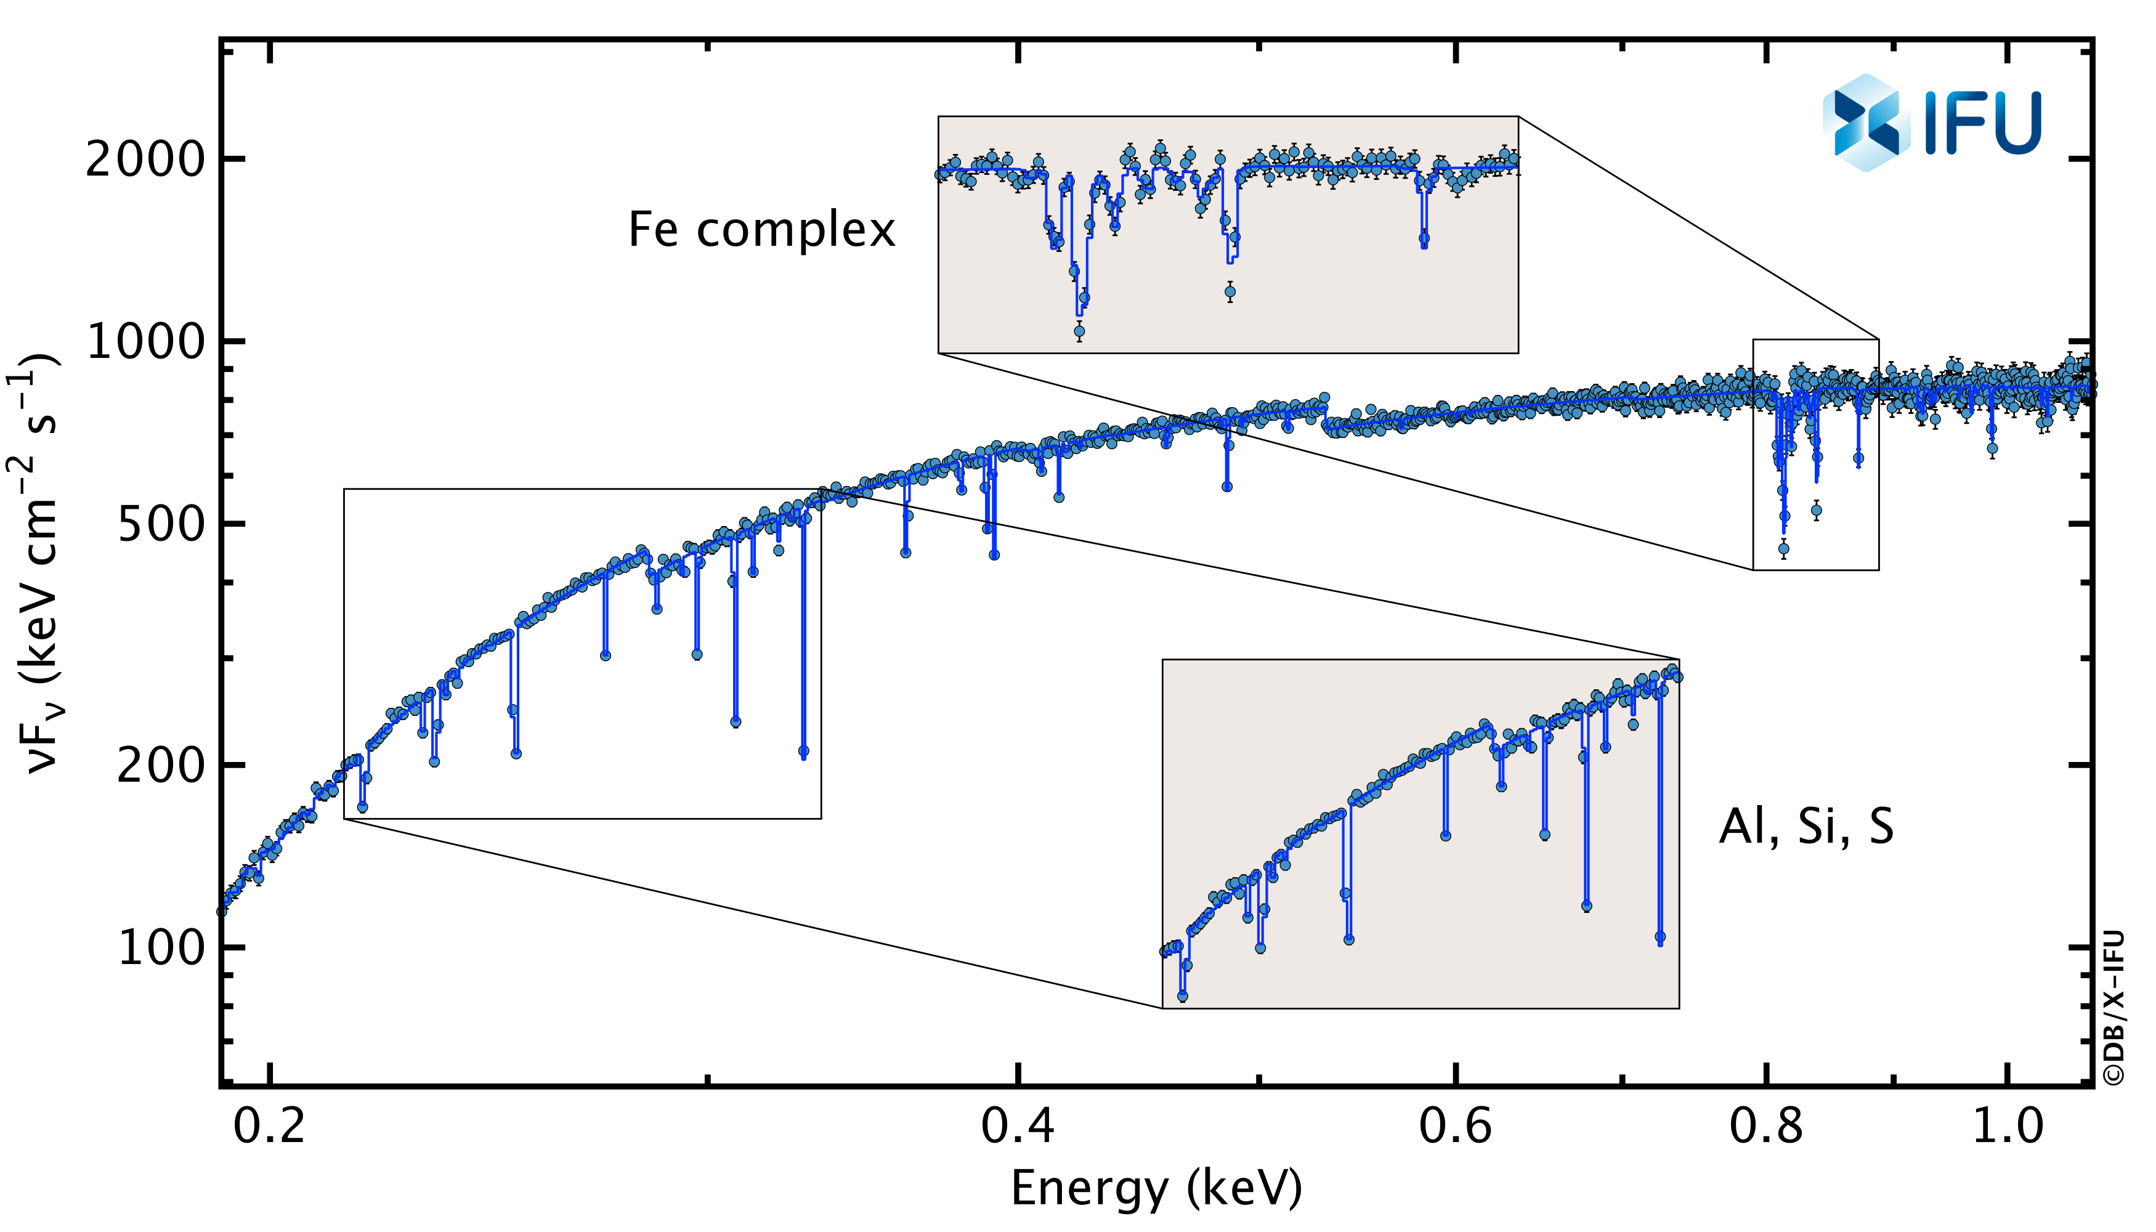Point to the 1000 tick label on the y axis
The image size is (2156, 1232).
(145, 342)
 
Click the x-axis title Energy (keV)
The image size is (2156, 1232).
(1156, 1188)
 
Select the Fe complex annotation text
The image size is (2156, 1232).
(761, 230)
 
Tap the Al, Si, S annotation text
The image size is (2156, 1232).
(1805, 826)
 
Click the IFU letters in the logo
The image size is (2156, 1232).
(1982, 124)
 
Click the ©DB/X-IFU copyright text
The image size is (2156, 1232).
(2112, 1007)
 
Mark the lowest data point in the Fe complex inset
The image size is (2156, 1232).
(1079, 331)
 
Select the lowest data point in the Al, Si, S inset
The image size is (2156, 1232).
(1182, 997)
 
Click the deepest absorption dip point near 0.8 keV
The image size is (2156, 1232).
(1784, 549)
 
